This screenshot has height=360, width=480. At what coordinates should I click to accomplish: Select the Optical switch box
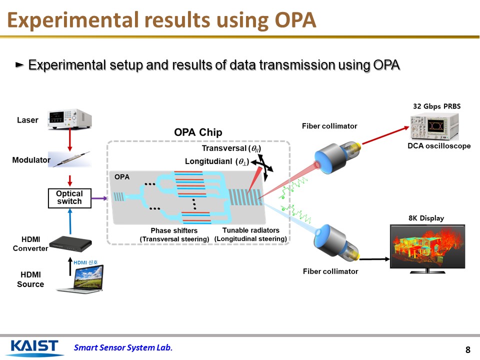[x=69, y=198]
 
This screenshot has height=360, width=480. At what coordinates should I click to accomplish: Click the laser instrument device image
[x=69, y=120]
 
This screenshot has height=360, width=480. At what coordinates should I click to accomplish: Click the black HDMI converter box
[x=73, y=242]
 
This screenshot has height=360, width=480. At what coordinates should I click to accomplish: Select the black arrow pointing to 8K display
[x=374, y=259]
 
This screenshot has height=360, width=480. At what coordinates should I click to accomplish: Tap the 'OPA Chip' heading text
[x=198, y=132]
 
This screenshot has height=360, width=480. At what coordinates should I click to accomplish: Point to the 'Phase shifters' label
[x=174, y=230]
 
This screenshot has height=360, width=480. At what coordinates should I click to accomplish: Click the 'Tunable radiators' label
[x=250, y=230]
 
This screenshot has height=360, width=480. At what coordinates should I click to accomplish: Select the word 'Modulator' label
[x=31, y=160]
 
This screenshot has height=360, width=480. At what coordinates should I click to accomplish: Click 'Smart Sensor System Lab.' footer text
[x=123, y=348]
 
